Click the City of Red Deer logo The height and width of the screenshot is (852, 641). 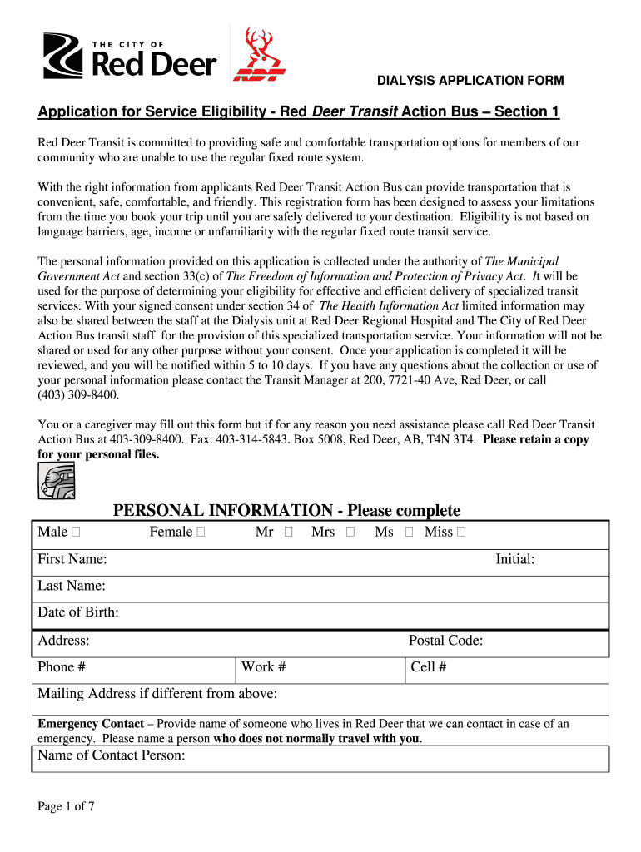(130, 57)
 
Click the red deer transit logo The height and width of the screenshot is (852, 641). (259, 56)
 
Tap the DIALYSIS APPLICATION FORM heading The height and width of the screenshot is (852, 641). (470, 81)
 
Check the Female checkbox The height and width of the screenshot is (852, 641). (200, 532)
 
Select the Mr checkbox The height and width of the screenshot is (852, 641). (288, 532)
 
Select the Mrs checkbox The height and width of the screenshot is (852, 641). (350, 532)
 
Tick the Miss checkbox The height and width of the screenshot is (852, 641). (461, 532)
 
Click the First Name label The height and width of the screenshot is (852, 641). (72, 560)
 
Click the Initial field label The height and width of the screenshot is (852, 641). (514, 560)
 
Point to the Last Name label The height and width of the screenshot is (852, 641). (72, 586)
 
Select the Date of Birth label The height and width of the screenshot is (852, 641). (78, 612)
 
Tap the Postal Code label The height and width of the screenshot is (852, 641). (445, 641)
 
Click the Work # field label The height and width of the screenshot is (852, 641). (264, 667)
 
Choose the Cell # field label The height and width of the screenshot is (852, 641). (429, 667)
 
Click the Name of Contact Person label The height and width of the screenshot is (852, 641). (111, 755)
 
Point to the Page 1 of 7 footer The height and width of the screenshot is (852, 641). (66, 806)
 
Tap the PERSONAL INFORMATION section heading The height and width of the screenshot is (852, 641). (286, 510)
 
